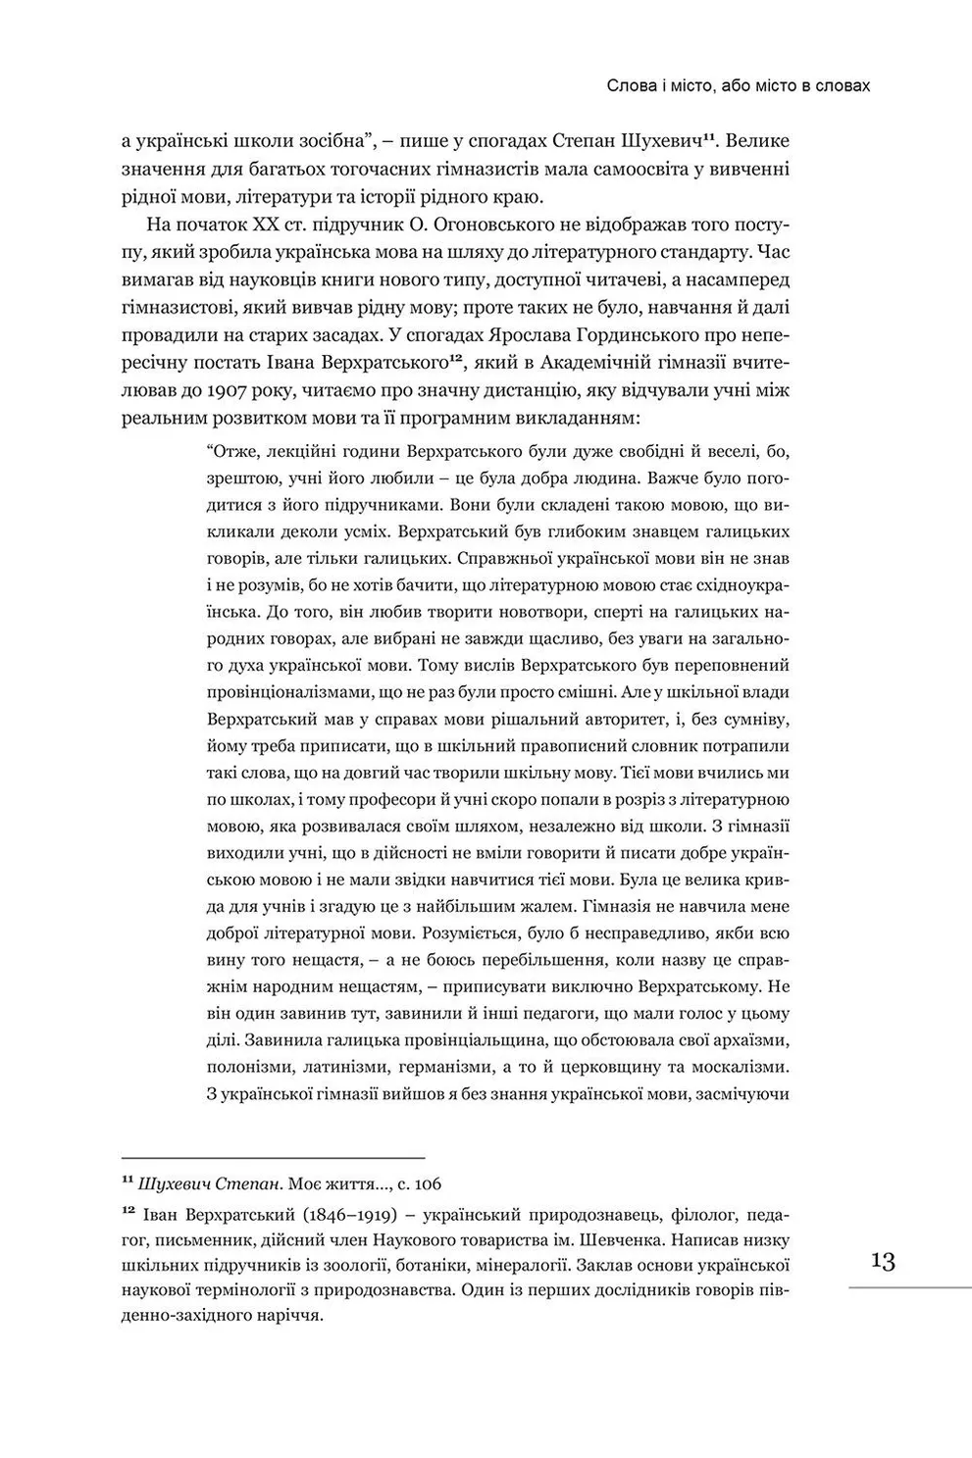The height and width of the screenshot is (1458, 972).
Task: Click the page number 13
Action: pyautogui.click(x=883, y=1261)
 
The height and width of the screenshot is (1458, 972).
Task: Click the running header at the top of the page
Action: pyautogui.click(x=739, y=86)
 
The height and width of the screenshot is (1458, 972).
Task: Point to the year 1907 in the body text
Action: pyautogui.click(x=231, y=391)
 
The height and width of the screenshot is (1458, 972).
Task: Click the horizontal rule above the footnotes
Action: pyautogui.click(x=273, y=1157)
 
